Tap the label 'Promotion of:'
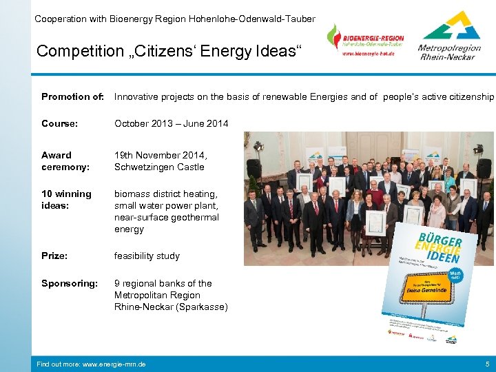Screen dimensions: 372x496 point(72,96)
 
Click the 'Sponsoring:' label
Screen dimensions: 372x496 point(69,283)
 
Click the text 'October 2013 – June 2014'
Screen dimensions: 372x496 point(171,123)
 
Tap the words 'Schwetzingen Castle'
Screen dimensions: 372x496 point(159,167)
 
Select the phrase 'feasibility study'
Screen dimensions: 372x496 point(147,256)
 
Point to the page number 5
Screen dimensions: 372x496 point(486,363)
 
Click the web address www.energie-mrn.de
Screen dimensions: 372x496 point(91,363)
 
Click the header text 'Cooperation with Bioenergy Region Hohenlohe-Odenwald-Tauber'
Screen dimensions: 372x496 point(175,19)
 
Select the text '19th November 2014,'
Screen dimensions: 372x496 point(161,155)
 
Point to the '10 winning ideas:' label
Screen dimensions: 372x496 point(66,200)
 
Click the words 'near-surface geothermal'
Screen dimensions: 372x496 point(166,217)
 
